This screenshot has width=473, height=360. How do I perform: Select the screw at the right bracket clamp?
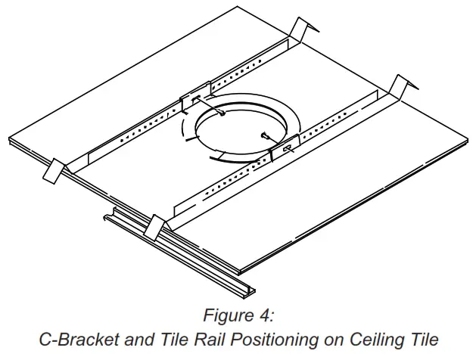[x=266, y=136]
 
